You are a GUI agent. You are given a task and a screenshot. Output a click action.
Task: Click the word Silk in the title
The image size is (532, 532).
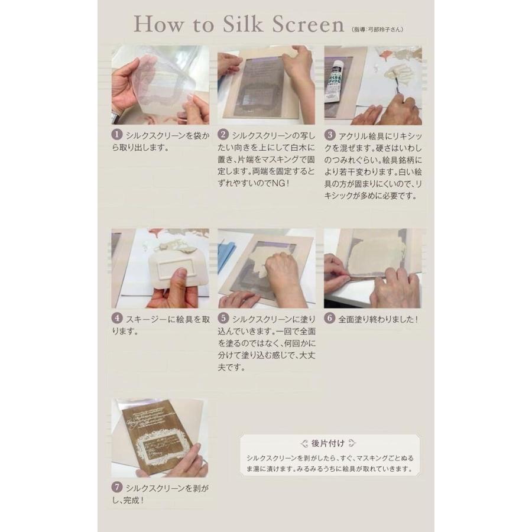(243, 24)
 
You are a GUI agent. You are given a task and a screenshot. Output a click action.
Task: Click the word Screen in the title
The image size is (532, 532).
(308, 24)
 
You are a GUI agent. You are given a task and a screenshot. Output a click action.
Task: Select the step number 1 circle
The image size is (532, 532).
(116, 135)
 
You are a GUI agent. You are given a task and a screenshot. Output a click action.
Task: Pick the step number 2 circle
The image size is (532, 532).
(223, 135)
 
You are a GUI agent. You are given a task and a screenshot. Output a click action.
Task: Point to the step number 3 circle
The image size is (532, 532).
(329, 135)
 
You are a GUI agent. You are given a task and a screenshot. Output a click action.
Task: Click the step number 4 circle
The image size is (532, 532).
(116, 318)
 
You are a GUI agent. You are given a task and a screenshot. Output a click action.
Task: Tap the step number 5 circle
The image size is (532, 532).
(223, 318)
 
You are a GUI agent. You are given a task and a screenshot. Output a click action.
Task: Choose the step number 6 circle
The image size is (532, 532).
(329, 318)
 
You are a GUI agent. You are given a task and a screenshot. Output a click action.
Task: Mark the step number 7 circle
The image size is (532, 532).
(116, 487)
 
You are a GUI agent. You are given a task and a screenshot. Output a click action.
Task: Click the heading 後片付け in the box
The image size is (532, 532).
(327, 443)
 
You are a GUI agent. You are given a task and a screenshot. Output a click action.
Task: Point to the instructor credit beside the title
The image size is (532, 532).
(378, 30)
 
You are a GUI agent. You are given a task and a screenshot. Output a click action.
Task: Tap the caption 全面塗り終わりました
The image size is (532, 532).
(378, 319)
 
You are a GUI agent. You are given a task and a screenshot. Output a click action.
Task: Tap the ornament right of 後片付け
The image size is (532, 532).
(352, 443)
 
